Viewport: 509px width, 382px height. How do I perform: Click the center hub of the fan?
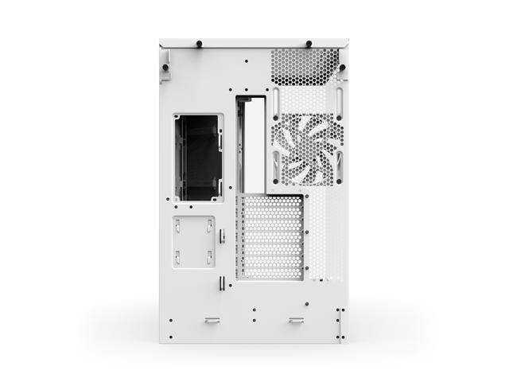[x=305, y=149]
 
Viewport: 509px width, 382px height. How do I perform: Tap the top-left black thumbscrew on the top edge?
[x=198, y=43]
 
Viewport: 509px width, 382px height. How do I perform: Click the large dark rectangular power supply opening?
[x=197, y=157]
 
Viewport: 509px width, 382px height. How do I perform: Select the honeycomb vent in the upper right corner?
[x=305, y=67]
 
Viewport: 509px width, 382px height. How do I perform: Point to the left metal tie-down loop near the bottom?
[x=212, y=321]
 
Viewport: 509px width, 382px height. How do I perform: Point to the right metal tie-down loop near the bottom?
[x=296, y=321]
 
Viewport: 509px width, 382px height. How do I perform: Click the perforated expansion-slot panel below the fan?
[x=271, y=237]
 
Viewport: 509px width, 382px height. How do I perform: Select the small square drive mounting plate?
[x=193, y=241]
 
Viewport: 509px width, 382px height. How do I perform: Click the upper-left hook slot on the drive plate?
[x=178, y=224]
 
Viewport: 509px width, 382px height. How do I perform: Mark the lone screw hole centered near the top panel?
[x=247, y=60]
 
